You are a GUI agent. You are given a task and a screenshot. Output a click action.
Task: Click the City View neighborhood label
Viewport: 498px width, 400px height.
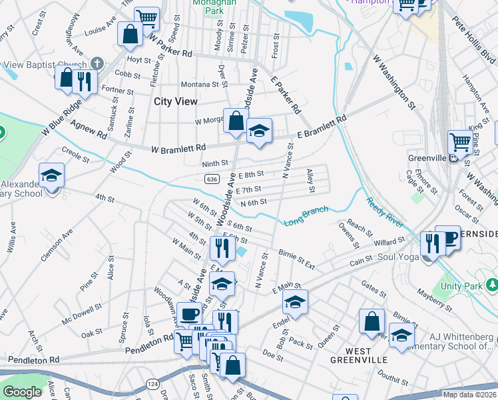(x=175, y=101)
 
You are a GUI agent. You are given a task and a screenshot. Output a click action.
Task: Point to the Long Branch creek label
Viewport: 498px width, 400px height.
(x=306, y=216)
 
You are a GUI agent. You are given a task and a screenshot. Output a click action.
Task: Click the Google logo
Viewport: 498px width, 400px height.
(x=22, y=392)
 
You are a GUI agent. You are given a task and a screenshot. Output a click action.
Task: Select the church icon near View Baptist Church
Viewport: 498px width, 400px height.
(x=97, y=64)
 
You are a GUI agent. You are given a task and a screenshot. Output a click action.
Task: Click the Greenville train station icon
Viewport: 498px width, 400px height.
(x=453, y=159)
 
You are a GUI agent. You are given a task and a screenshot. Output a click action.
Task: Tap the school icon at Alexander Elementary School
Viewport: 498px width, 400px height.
(x=51, y=177)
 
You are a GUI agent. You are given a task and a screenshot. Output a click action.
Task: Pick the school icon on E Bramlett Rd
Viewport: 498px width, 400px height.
(x=259, y=131)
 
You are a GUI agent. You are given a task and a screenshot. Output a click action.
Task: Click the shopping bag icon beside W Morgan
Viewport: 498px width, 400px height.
(x=236, y=121)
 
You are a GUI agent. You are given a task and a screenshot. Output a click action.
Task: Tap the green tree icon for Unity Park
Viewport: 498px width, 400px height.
(x=491, y=285)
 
